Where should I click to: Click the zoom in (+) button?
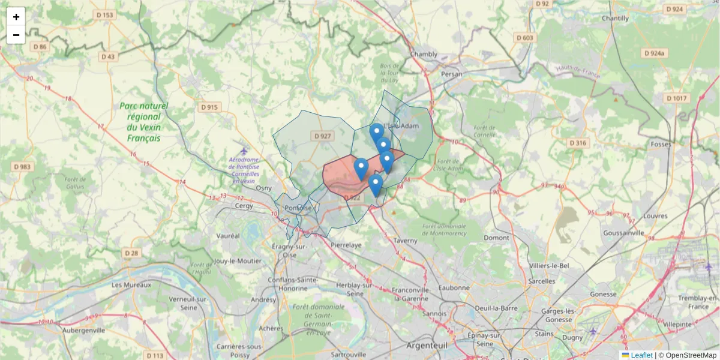point(16,17)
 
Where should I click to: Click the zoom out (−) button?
point(16,35)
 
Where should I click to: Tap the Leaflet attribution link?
point(641,355)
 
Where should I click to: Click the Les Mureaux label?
point(131,285)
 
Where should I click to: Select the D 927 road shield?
point(322,136)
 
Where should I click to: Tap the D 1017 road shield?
point(677,98)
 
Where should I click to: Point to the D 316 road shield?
point(577,143)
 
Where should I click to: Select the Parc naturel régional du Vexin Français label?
point(144,122)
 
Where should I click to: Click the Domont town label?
point(496,238)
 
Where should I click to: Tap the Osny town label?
point(264,188)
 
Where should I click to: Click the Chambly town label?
point(424,54)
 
